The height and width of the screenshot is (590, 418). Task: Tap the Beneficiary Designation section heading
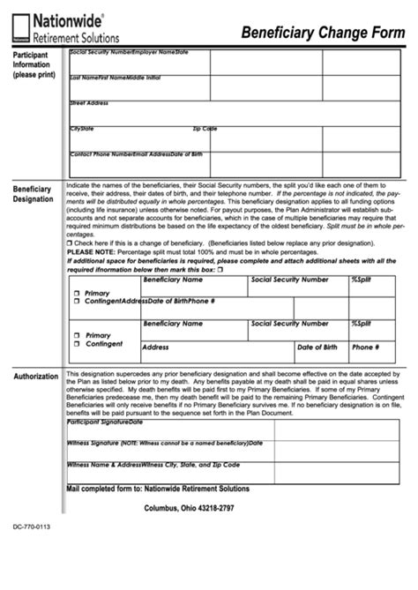33,194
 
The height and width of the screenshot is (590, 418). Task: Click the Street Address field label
89,103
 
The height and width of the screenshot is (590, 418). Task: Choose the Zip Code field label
205,129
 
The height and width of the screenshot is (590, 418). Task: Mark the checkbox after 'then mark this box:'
220,270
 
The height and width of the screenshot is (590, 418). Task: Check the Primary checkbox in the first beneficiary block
77,292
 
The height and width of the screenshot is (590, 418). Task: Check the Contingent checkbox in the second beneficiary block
77,343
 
